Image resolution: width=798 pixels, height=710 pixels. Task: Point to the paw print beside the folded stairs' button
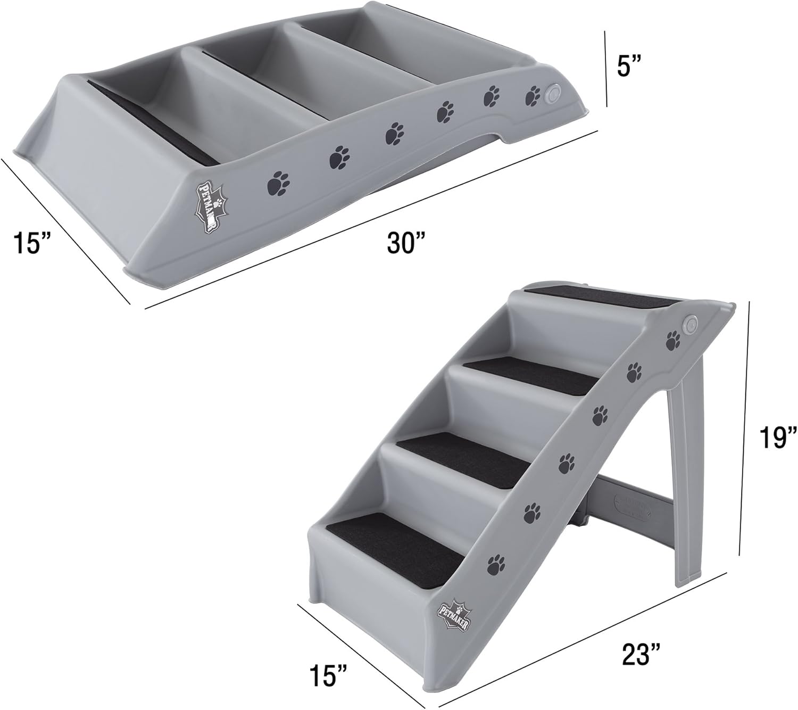click(531, 95)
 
